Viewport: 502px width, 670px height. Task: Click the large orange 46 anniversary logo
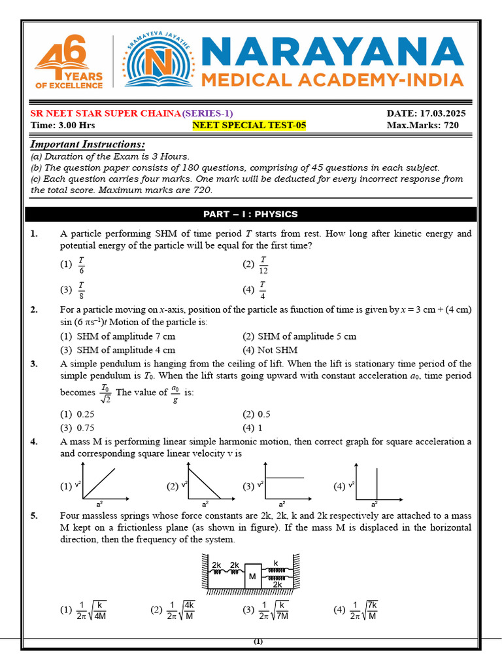69,62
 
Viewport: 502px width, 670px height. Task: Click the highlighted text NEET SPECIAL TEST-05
249,125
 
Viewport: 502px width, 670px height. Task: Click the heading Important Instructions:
88,145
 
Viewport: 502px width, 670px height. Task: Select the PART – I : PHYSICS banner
250,214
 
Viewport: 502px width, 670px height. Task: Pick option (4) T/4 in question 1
256,289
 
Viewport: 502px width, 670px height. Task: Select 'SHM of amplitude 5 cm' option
300,336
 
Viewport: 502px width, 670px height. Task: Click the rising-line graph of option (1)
98,482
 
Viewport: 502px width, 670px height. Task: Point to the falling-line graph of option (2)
203,482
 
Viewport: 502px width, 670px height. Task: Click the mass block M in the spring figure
252,576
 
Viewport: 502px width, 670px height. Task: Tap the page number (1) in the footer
258,642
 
